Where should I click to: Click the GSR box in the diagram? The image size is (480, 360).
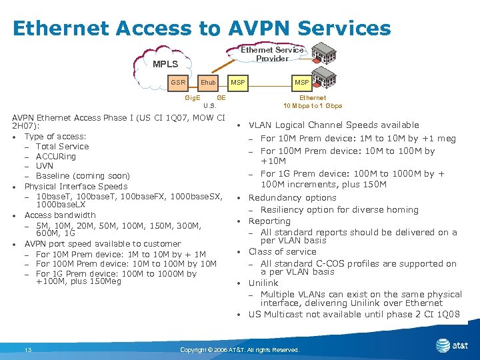coord(178,83)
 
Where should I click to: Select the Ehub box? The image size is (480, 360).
coord(208,83)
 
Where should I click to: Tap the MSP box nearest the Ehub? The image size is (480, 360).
coord(238,83)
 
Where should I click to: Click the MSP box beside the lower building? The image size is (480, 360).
coord(302,83)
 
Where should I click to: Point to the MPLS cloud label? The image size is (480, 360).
coord(165,64)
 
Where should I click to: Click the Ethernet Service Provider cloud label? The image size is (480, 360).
coord(272,54)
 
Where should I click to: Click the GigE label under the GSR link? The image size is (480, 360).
coord(193,97)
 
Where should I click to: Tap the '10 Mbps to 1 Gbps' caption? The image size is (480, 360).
coord(313,105)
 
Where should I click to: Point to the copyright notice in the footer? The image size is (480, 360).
coord(240,350)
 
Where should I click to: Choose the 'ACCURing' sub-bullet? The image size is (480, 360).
coord(56,157)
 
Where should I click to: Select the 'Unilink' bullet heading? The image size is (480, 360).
coord(263,283)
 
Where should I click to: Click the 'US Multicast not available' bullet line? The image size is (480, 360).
coord(353,315)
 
